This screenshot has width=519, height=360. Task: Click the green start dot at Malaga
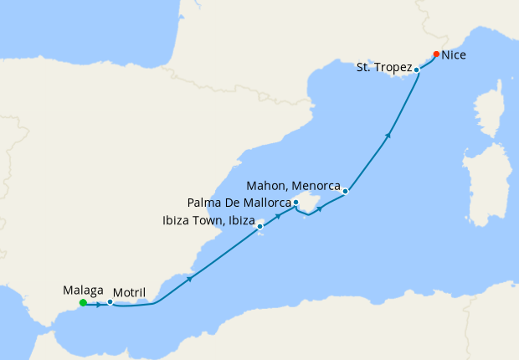(x=82, y=303)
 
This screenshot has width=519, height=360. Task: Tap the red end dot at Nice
(x=436, y=54)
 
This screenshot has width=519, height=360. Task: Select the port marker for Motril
(x=110, y=302)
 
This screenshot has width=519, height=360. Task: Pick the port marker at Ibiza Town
(x=261, y=224)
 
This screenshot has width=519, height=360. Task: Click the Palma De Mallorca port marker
(x=295, y=203)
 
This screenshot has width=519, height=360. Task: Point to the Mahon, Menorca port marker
(x=345, y=191)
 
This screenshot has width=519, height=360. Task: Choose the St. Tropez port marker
(x=416, y=69)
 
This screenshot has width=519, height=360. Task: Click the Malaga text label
(x=84, y=291)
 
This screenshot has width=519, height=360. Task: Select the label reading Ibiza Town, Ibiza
(x=206, y=221)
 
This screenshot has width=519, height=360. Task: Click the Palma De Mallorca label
(x=239, y=203)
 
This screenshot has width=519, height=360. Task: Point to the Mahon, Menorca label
(x=293, y=184)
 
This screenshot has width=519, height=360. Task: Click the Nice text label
(x=454, y=55)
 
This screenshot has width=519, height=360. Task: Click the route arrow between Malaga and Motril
(x=99, y=304)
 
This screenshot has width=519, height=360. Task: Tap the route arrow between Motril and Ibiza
(x=191, y=278)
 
